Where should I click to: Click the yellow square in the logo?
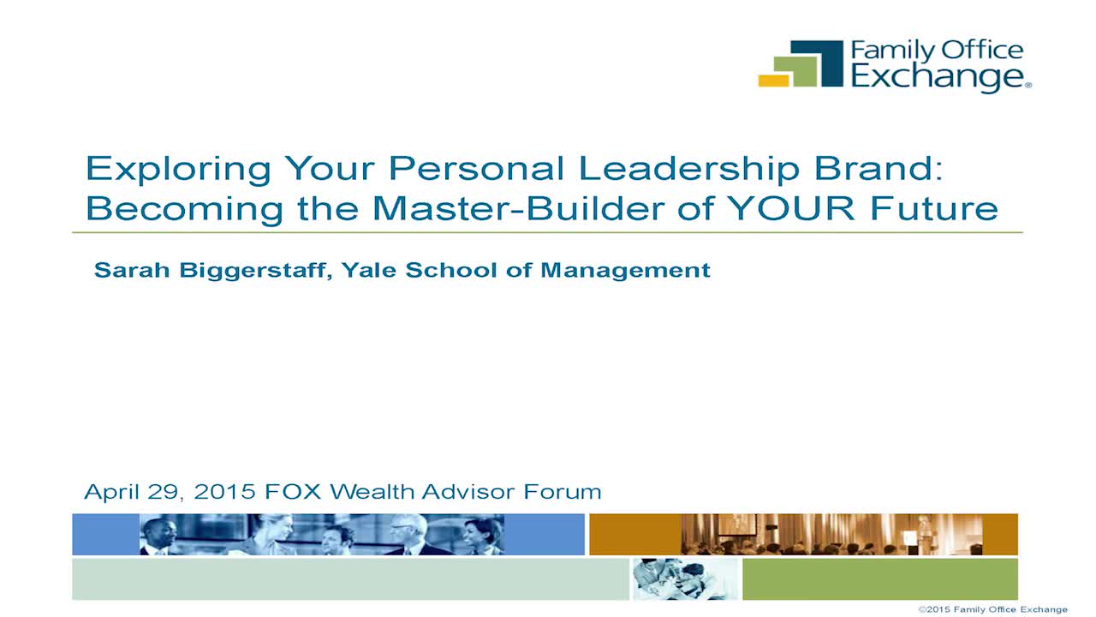pyautogui.click(x=773, y=81)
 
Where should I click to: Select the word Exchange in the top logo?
pyautogui.click(x=938, y=77)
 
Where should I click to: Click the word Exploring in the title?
pyautogui.click(x=178, y=170)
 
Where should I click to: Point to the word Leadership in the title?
pyautogui.click(x=690, y=168)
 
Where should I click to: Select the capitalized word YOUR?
pyautogui.click(x=790, y=208)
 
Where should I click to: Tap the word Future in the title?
pyautogui.click(x=934, y=208)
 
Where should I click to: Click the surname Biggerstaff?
pyautogui.click(x=256, y=271)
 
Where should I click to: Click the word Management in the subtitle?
pyautogui.click(x=625, y=271)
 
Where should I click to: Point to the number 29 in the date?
pyautogui.click(x=164, y=492)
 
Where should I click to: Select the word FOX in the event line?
pyautogui.click(x=293, y=492)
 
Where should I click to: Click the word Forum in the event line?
pyautogui.click(x=563, y=492)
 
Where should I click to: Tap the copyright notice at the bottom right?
pyautogui.click(x=992, y=609)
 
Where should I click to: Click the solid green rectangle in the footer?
pyautogui.click(x=880, y=579)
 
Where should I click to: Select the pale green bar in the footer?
pyautogui.click(x=351, y=579)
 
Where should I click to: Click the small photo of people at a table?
pyautogui.click(x=685, y=579)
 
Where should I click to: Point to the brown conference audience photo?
pyautogui.click(x=831, y=534)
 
